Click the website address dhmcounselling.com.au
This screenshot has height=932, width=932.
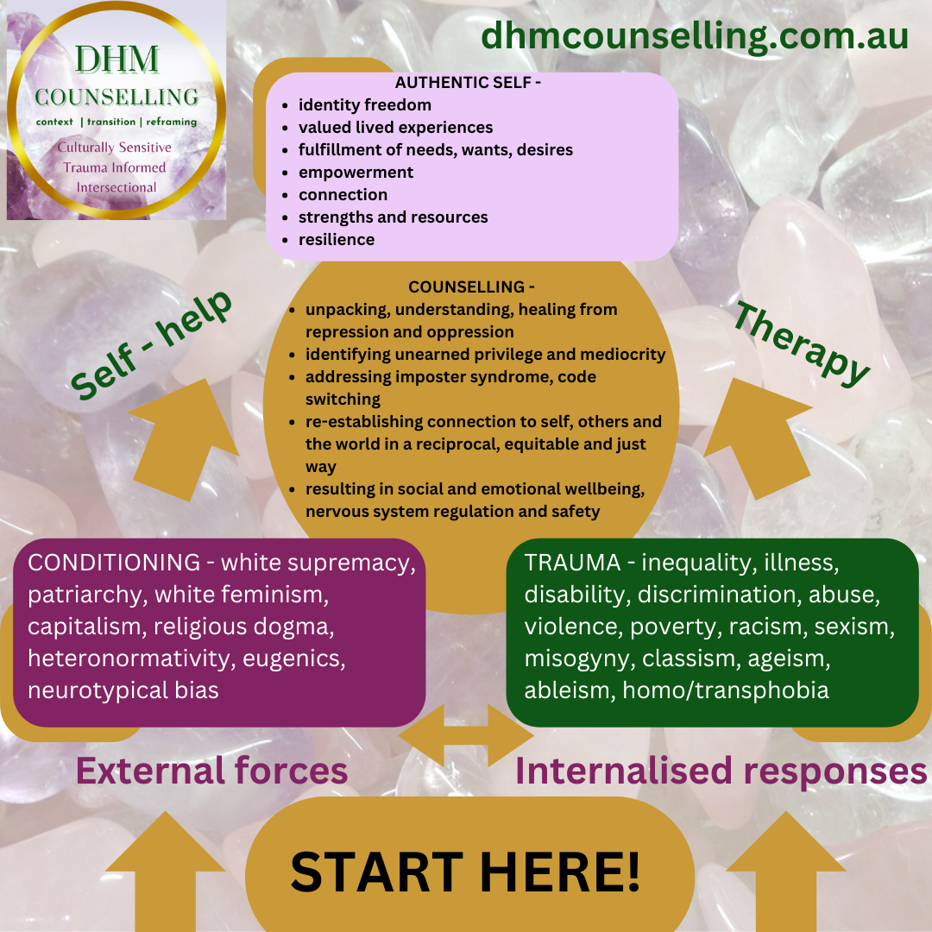tap(695, 36)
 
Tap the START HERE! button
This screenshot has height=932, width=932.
tap(466, 871)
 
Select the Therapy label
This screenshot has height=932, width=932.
tap(802, 343)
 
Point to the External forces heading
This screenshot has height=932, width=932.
tap(212, 771)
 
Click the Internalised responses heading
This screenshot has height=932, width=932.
tap(721, 771)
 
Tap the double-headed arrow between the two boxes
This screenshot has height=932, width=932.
tap(466, 735)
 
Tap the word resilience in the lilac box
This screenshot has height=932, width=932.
tap(337, 239)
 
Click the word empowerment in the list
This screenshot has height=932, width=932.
tap(356, 172)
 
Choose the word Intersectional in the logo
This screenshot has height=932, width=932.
tap(116, 187)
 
